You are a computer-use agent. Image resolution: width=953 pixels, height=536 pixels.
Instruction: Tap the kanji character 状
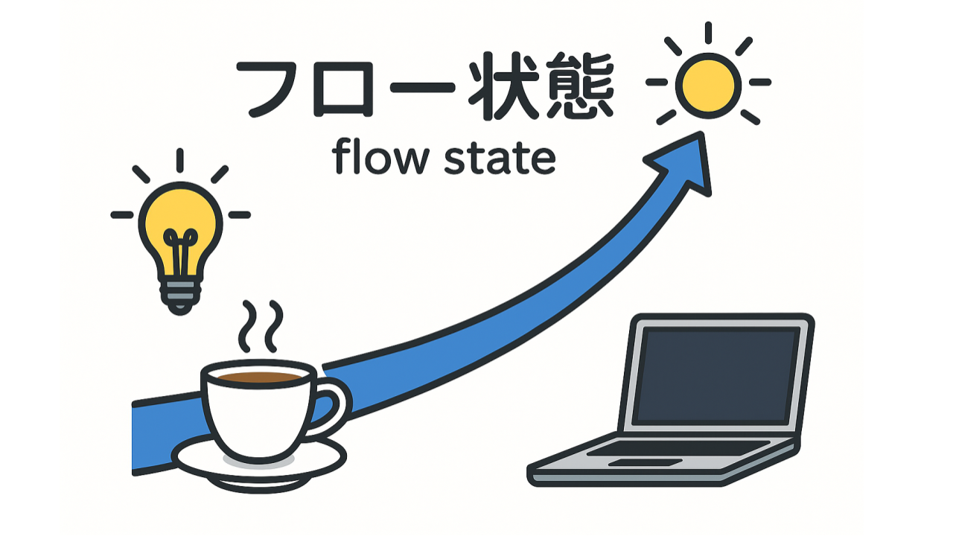tap(504, 86)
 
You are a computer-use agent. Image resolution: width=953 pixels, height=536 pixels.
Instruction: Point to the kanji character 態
tap(580, 86)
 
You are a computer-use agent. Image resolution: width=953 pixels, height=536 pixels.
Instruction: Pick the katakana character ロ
tap(343, 89)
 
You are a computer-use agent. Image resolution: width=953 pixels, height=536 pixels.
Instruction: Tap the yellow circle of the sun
tap(708, 86)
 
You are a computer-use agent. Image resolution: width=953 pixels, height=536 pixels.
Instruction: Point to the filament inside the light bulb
tap(180, 251)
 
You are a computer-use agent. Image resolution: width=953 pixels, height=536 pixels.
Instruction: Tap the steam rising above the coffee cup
tap(261, 327)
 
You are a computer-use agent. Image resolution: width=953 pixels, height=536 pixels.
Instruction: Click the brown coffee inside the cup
tap(260, 377)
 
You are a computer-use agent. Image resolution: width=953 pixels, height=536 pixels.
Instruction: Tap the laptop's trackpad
tap(645, 462)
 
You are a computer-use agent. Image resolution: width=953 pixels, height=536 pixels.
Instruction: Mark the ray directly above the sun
tap(708, 33)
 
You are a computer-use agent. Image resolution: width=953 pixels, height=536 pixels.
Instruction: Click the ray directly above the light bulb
tap(180, 160)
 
